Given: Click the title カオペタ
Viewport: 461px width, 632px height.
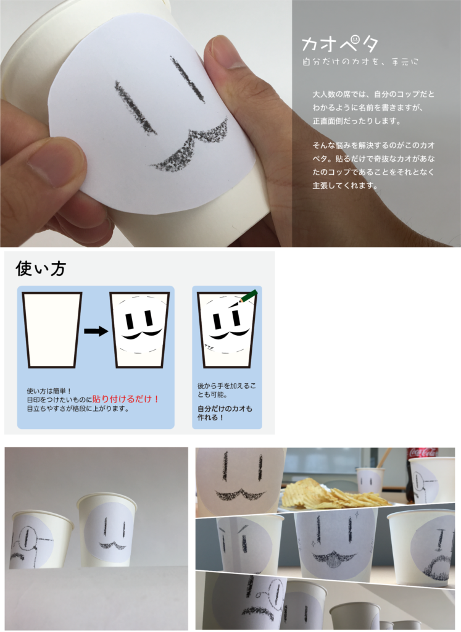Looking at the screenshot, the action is [339, 43].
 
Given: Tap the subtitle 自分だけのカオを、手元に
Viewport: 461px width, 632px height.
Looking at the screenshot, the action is [360, 62].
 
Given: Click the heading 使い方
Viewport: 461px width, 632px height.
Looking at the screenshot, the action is [41, 268].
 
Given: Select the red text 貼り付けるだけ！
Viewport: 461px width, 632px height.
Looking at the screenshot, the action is [126, 399].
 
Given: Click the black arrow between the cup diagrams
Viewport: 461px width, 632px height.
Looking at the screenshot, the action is [96, 331].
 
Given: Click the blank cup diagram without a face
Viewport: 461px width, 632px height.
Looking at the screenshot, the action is [52, 330].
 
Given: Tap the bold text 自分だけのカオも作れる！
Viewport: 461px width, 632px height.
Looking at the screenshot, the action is [225, 413].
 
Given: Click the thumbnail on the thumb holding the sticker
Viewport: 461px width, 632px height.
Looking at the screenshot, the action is [224, 52].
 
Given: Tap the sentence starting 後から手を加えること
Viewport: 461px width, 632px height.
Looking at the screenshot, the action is [226, 390].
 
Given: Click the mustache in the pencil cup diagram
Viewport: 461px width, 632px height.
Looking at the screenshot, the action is [230, 334].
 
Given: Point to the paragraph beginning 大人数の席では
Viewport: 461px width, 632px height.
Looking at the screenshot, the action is [373, 107].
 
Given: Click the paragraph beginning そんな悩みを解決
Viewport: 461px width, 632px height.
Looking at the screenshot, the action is [373, 165].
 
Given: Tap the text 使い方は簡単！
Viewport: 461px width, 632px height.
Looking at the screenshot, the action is [49, 391].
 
